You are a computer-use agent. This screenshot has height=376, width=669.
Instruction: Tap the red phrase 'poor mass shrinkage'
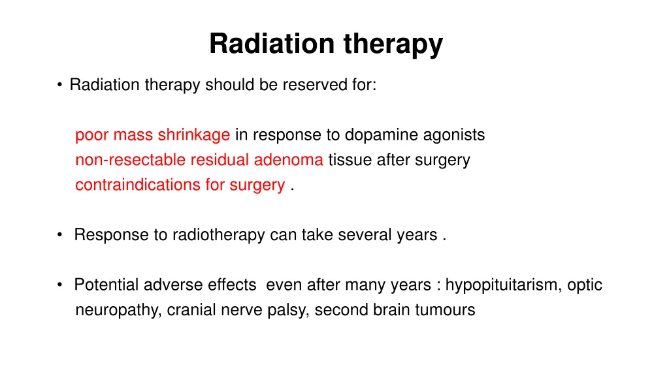(x=152, y=135)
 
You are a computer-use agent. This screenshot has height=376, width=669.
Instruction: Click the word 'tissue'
(x=348, y=160)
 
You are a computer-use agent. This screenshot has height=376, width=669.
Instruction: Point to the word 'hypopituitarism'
(x=500, y=285)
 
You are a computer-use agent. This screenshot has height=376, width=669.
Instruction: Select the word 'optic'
(x=585, y=285)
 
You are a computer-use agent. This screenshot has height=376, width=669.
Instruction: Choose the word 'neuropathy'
(x=116, y=310)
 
